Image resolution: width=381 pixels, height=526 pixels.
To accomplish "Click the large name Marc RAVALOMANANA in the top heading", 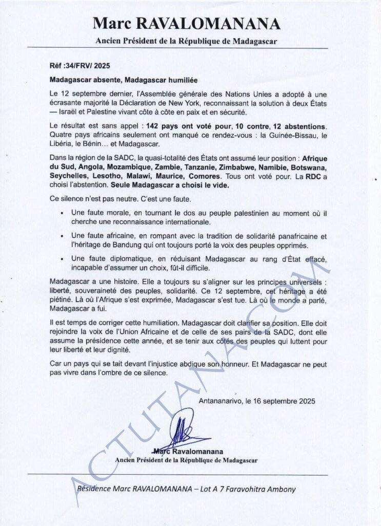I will click(187, 24).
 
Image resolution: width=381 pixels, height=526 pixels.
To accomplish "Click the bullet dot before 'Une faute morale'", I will click(62, 213).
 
